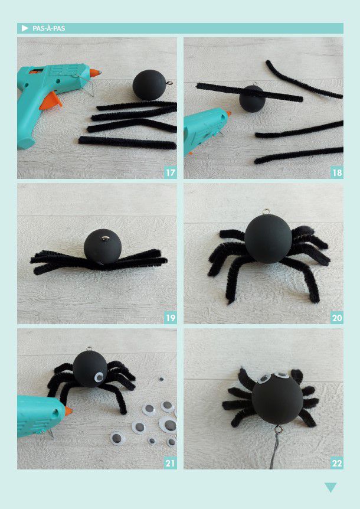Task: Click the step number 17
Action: tap(171, 172)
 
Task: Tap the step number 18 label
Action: tap(337, 172)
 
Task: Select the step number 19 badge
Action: tap(171, 318)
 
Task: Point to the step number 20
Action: tap(337, 318)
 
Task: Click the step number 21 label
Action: tap(171, 463)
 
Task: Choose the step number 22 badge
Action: tap(337, 463)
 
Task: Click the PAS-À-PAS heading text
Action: tap(48, 28)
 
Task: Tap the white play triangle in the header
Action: tap(25, 28)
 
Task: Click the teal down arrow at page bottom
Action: tap(330, 487)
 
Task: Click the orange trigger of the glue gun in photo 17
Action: tap(51, 100)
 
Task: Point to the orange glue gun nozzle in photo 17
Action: tap(95, 73)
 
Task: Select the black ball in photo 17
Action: tap(150, 86)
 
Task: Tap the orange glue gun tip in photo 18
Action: tap(228, 113)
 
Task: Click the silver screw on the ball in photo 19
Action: tap(104, 239)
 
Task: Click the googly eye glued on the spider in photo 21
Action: tap(99, 377)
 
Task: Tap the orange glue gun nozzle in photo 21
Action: tap(68, 410)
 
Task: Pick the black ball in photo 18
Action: tap(253, 99)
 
